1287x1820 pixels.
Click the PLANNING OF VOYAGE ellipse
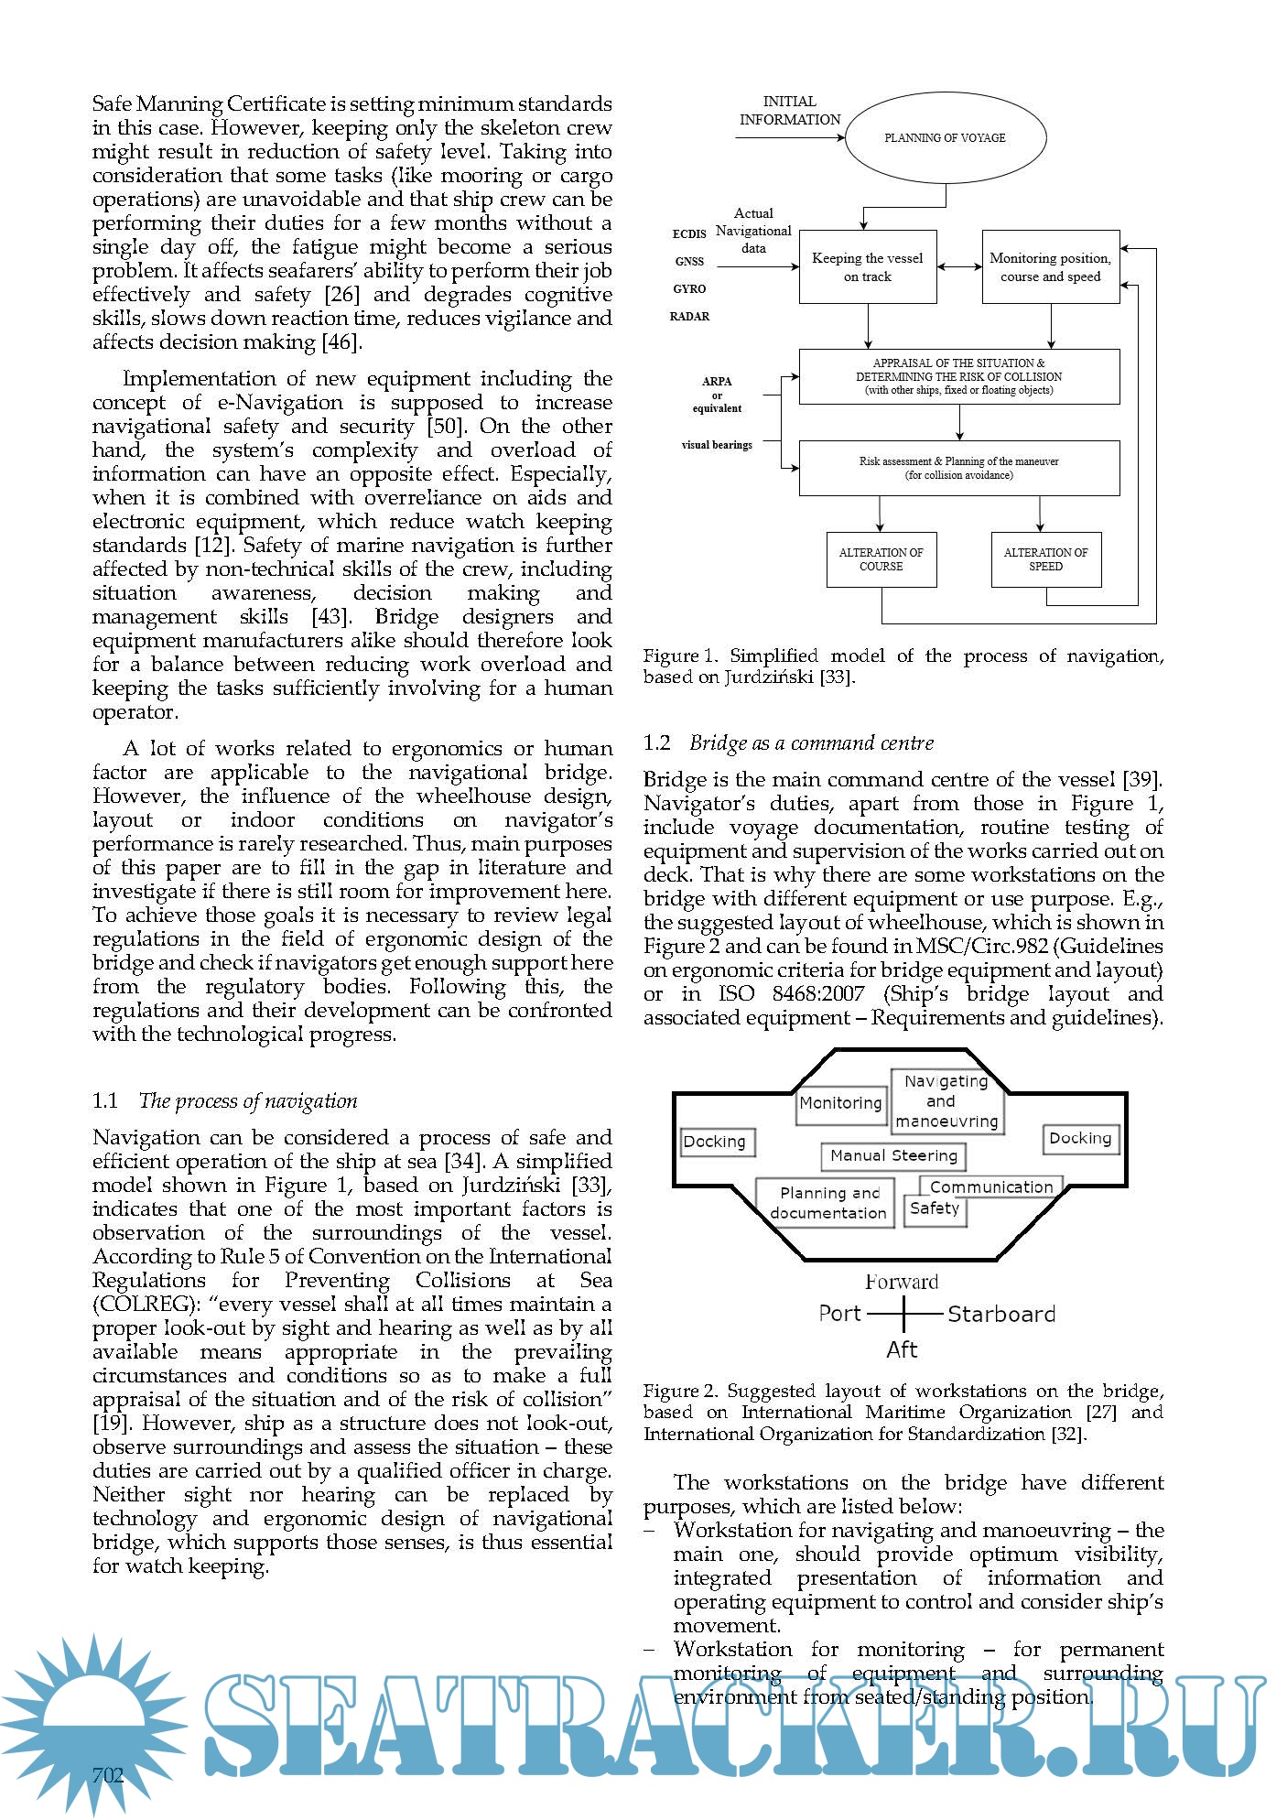point(945,138)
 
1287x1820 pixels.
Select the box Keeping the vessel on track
point(867,266)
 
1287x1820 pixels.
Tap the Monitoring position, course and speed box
point(1050,266)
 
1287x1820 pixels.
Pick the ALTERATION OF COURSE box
point(881,559)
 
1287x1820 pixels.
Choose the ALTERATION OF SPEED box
point(1045,559)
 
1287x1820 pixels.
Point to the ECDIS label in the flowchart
point(689,234)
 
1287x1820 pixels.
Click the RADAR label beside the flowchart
point(689,317)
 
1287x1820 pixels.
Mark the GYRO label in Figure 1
point(689,289)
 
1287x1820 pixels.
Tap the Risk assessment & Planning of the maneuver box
point(958,468)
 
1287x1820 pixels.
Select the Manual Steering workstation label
point(893,1156)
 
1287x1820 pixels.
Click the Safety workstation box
point(935,1209)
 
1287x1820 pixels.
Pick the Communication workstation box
point(991,1187)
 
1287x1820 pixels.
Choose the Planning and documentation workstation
point(826,1203)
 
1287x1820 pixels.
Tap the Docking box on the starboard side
point(1080,1139)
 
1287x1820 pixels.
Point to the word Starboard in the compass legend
point(1001,1315)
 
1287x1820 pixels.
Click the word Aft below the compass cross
point(902,1349)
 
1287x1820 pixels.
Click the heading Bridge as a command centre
point(811,743)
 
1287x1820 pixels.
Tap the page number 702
point(108,1776)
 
